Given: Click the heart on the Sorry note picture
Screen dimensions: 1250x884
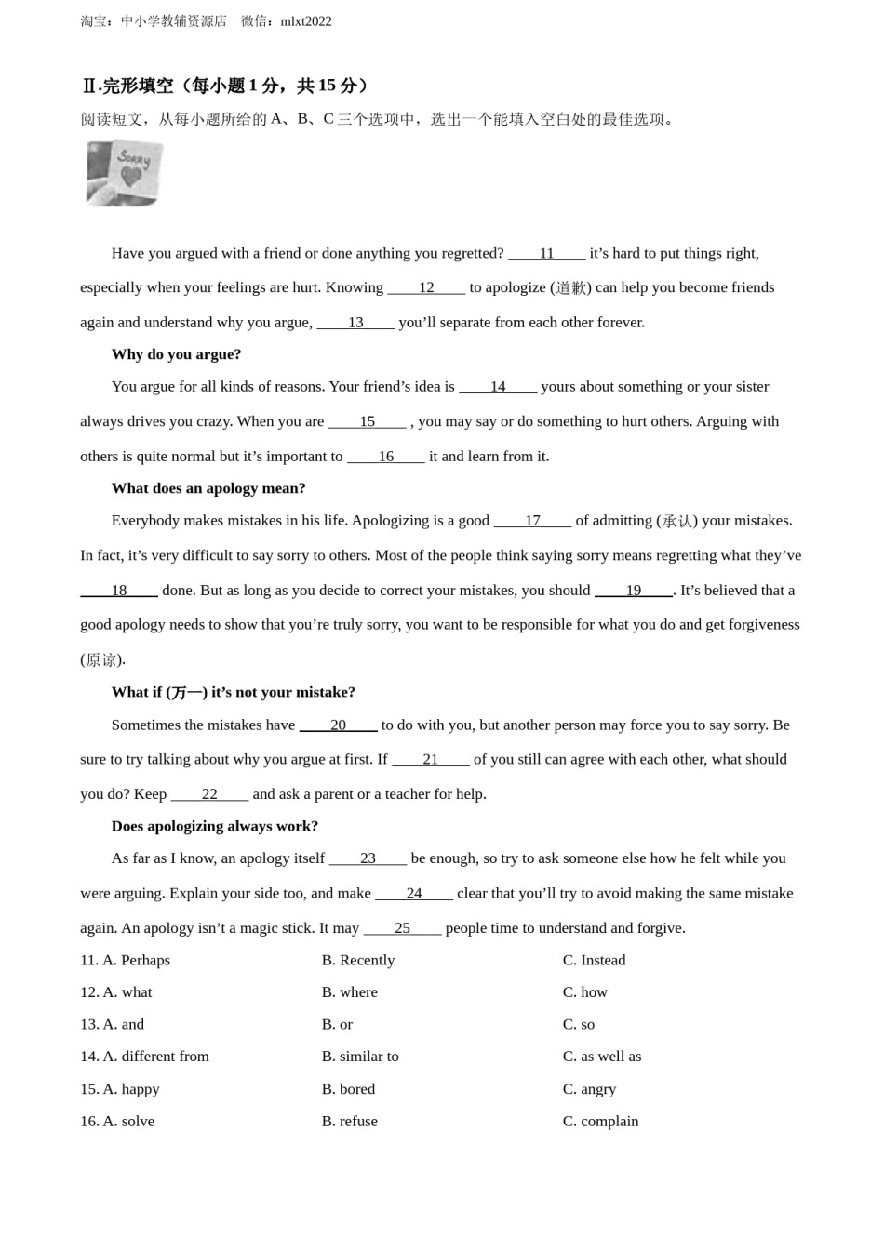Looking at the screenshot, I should (132, 177).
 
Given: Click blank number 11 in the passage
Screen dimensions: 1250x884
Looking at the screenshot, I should (546, 253).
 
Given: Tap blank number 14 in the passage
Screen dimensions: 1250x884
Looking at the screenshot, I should (498, 387).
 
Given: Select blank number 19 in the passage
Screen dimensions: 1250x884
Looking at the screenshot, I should (633, 591).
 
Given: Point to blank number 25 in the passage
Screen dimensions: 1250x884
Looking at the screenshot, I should (402, 928).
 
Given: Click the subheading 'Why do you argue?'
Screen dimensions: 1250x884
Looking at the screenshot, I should (176, 354).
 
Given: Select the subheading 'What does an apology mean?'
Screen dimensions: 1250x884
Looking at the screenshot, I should (208, 488).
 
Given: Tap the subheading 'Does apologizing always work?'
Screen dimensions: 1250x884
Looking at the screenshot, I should (215, 826).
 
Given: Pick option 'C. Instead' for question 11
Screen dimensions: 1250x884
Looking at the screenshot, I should (594, 960).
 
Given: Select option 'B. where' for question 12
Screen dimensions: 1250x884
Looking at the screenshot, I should (350, 992).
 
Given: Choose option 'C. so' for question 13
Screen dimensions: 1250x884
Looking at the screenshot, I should (579, 1024).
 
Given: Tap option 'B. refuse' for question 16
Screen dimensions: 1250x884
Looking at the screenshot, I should (350, 1122).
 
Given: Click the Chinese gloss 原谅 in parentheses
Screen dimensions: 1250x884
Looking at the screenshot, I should (101, 660).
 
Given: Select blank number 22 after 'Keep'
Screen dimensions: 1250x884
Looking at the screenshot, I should (209, 794).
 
